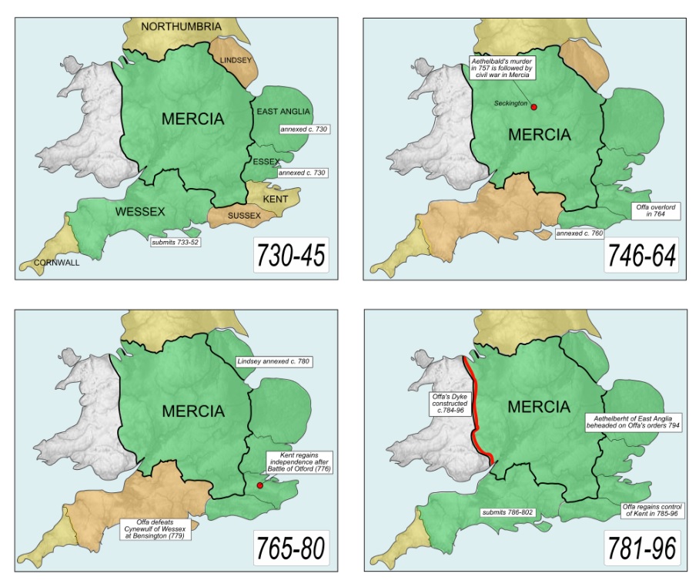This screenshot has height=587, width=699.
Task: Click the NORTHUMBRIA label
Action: [x=181, y=27]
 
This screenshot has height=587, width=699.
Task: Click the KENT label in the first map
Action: [x=276, y=199]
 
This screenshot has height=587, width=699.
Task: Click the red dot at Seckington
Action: [x=533, y=107]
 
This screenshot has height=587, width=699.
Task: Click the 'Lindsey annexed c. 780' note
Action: [x=273, y=361]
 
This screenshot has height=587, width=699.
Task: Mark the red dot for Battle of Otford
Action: [x=259, y=485]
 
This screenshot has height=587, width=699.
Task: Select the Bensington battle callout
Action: [x=156, y=529]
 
